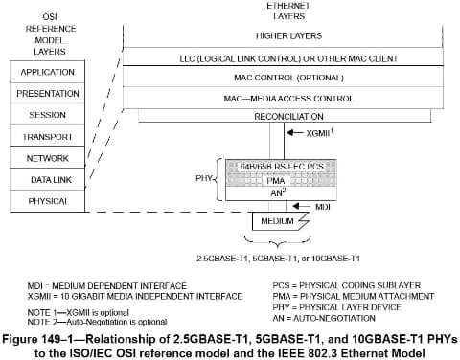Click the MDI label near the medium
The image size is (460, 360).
[x=324, y=207]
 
